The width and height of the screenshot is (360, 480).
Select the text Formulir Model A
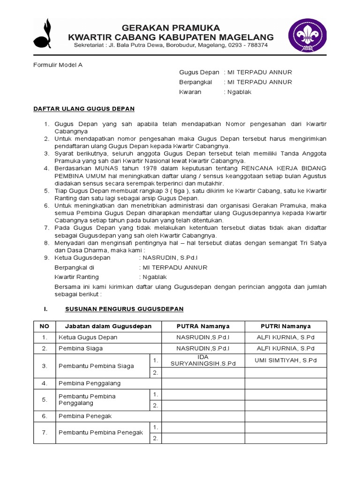(57, 65)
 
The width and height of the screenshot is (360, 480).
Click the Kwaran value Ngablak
(239, 92)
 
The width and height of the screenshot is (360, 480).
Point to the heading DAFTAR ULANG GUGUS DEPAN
(84, 109)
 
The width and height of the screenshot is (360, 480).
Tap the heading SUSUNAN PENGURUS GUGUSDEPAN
(124, 309)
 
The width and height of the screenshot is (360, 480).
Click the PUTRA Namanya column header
(202, 326)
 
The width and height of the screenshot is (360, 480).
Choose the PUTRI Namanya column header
(285, 326)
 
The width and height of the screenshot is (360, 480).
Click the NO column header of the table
(44, 326)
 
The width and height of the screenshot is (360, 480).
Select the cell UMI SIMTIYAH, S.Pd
(285, 360)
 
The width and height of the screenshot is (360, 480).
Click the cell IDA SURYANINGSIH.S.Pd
(202, 360)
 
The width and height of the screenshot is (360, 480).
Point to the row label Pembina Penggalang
(90, 383)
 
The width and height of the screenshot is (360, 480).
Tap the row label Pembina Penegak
(85, 416)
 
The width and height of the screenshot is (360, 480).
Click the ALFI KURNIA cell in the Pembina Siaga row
(285, 348)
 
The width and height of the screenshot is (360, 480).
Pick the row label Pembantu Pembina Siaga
(96, 366)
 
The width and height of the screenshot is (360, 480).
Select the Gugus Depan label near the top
(199, 72)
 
